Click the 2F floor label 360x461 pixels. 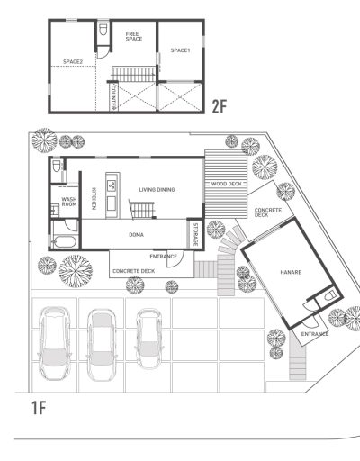(x=220, y=106)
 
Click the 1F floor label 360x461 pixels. (x=39, y=408)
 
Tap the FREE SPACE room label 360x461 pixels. (x=134, y=36)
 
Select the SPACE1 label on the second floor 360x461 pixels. (x=180, y=50)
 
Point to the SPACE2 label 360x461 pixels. (x=73, y=62)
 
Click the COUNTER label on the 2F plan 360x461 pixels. (x=113, y=97)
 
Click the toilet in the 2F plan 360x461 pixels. (x=103, y=29)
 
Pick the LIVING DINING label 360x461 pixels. (x=157, y=190)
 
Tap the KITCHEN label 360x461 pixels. (x=94, y=199)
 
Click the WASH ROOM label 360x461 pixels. (x=69, y=202)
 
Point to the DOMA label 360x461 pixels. (x=136, y=235)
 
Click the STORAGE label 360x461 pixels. (x=195, y=235)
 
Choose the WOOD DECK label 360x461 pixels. (x=227, y=184)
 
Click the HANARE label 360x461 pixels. (x=291, y=272)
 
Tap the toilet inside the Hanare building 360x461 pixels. (x=330, y=295)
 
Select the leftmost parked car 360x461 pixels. (x=55, y=343)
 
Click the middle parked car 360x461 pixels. (x=102, y=345)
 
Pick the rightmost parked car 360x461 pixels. (x=149, y=339)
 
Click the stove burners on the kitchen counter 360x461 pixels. (x=112, y=185)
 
